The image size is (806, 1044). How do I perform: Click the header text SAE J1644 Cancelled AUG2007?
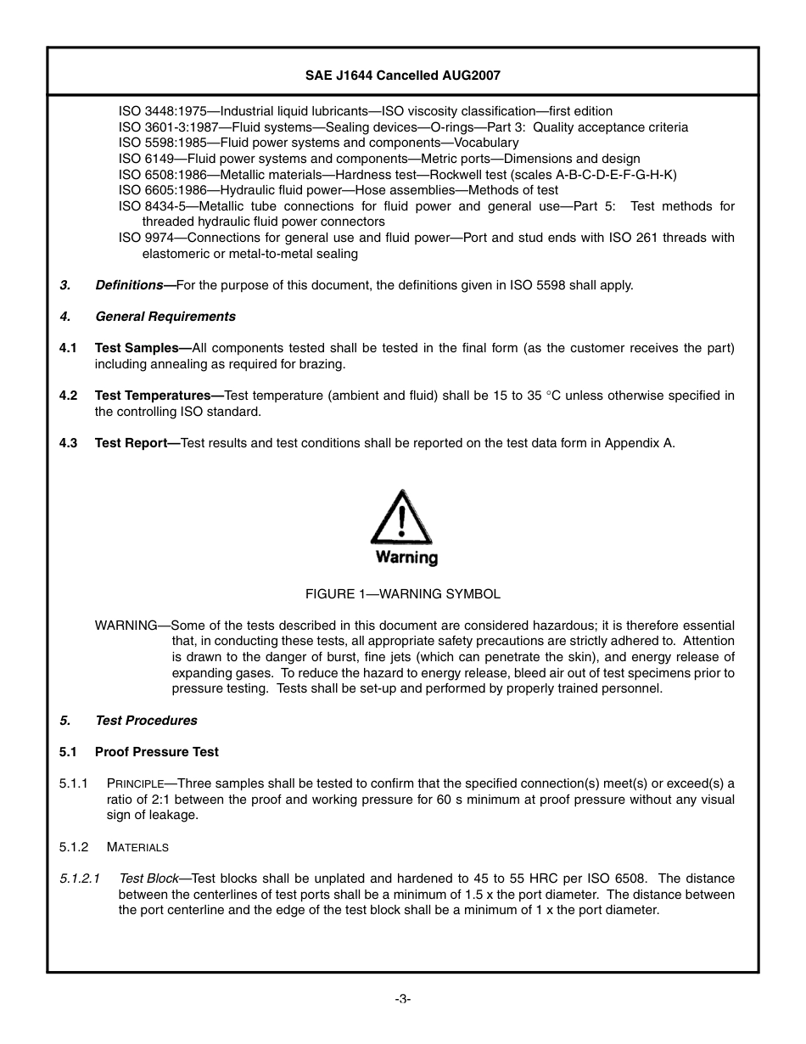tap(402, 76)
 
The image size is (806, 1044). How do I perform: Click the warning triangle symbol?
tap(401, 519)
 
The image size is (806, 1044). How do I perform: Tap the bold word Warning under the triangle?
tap(406, 558)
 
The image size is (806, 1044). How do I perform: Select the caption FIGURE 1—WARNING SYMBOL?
tap(402, 594)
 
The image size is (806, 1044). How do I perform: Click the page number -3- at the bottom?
tap(402, 999)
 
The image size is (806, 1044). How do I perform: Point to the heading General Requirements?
tap(165, 317)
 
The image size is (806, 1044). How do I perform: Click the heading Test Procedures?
tap(146, 721)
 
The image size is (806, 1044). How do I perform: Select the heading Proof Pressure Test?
tap(156, 752)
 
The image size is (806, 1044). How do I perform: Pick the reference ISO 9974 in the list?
tap(142, 238)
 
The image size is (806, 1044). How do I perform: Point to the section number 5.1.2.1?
tap(80, 878)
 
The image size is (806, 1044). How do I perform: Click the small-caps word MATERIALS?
tap(137, 847)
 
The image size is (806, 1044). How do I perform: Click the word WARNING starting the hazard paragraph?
tap(126, 626)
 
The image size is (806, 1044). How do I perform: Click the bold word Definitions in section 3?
tap(128, 285)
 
